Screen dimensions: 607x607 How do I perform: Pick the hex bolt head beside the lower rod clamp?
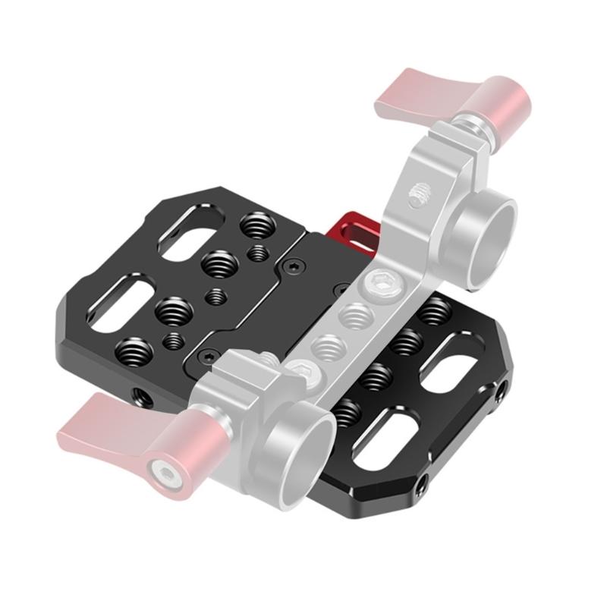pos(301,373)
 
